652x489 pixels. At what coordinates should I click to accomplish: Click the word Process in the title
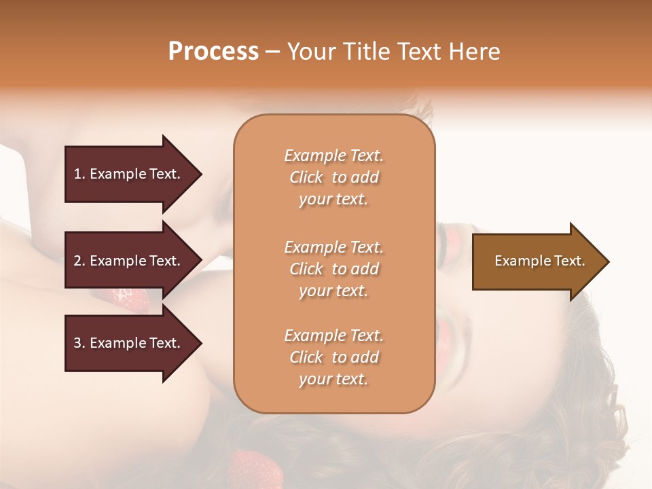coord(213,51)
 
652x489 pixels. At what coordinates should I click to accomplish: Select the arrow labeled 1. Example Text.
coord(129,174)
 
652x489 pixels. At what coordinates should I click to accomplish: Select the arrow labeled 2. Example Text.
coord(129,261)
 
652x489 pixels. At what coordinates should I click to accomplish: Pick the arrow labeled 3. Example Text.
coord(129,343)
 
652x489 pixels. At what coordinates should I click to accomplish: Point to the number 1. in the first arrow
coord(79,174)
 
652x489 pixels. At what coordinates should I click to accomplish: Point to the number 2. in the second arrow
coord(79,261)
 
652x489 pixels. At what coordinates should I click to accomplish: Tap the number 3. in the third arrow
coord(79,343)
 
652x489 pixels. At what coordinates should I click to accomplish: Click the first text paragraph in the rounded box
coord(333,177)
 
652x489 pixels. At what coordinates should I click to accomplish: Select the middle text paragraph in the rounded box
coord(333,269)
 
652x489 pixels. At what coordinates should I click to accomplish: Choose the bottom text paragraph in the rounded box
coord(333,357)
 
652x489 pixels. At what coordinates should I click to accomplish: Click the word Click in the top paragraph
coord(306,177)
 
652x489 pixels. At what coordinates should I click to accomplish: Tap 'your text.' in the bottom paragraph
coord(333,379)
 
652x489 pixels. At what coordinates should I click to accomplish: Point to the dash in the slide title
coord(272,52)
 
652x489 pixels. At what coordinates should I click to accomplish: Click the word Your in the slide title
coord(310,51)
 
